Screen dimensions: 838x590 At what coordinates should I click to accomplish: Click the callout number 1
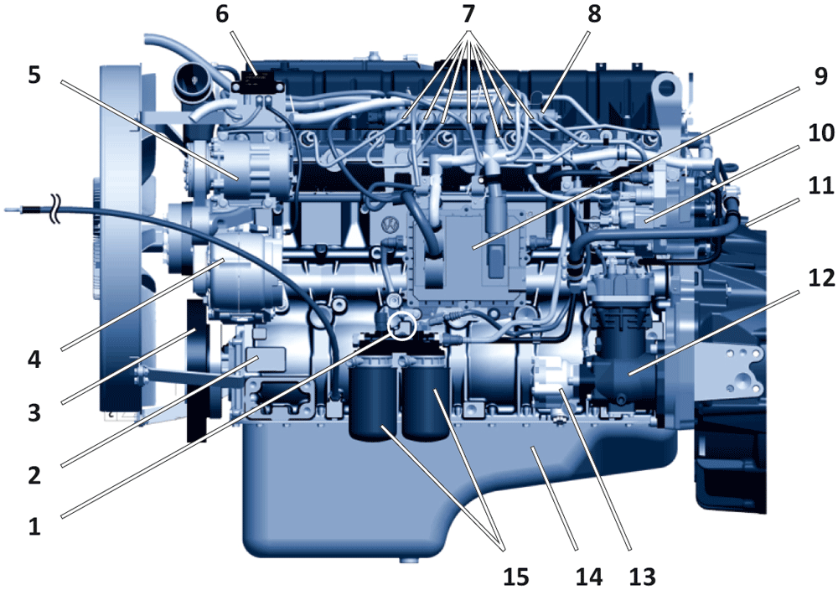tap(34, 526)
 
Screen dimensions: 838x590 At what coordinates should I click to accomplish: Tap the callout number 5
tap(34, 75)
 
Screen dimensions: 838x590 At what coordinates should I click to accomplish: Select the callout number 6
tap(222, 14)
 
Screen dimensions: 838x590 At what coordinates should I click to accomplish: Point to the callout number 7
tap(468, 14)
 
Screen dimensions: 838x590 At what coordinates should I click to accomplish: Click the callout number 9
tap(820, 76)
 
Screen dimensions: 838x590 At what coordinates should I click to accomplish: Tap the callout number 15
tap(516, 577)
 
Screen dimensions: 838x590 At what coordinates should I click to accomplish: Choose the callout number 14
tap(588, 577)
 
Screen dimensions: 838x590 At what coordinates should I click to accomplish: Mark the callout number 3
tap(34, 412)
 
